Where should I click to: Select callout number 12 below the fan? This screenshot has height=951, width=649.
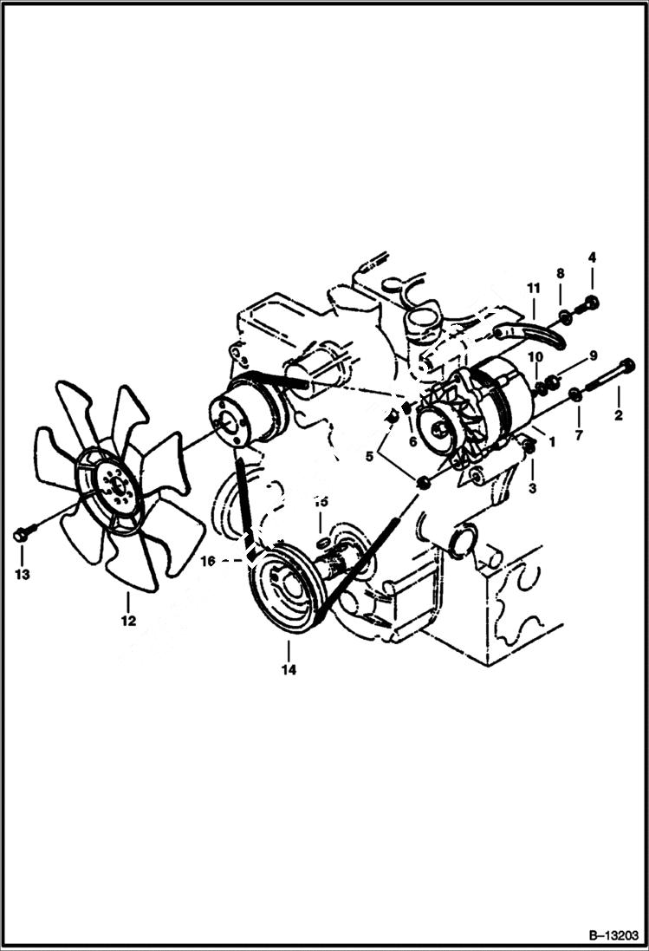(x=128, y=621)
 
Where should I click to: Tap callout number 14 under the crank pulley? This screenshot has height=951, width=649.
(x=289, y=669)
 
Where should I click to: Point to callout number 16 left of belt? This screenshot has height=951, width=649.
(x=208, y=562)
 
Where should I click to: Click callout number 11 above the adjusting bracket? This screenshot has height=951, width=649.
(x=534, y=287)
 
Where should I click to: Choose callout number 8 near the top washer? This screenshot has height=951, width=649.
(x=561, y=273)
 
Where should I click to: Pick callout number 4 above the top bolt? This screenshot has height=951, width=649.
(x=593, y=257)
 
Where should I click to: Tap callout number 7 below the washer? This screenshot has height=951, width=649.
(x=579, y=433)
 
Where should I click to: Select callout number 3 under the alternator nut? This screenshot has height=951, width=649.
(x=532, y=489)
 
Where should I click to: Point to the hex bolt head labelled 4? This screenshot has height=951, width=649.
(x=593, y=303)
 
